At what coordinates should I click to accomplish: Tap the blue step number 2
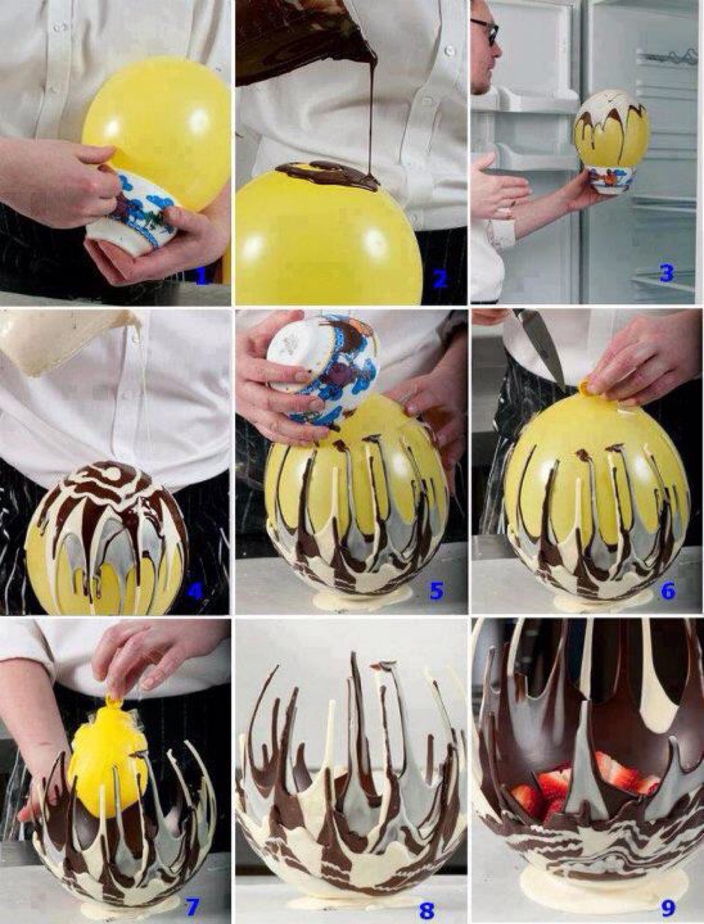point(439,278)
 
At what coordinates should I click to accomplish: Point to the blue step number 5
point(436,592)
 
